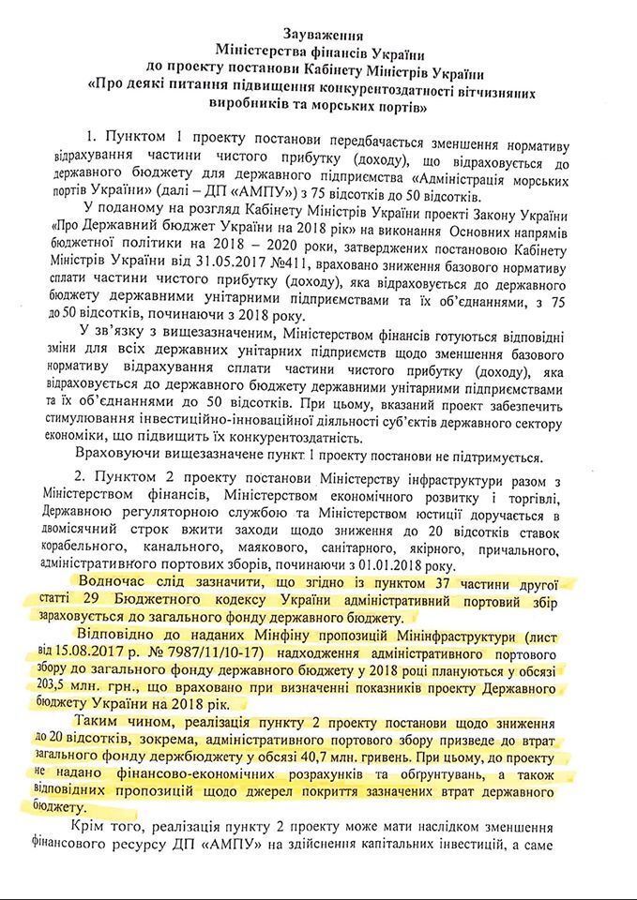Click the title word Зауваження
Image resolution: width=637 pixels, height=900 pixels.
click(318, 33)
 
